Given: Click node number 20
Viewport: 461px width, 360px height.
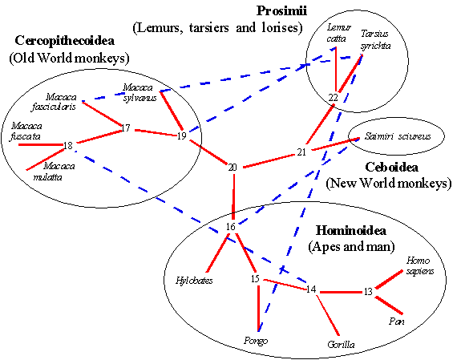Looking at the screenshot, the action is click(x=233, y=168).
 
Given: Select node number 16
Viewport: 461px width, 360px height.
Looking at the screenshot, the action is click(x=231, y=227).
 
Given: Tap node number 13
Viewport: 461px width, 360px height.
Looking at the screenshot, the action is click(x=368, y=292).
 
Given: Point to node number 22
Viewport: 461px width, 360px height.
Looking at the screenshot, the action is click(x=333, y=98).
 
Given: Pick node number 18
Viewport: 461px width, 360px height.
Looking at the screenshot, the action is click(x=68, y=146).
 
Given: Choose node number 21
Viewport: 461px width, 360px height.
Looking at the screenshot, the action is click(x=301, y=152).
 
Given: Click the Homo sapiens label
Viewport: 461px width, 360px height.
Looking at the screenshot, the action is click(x=420, y=265).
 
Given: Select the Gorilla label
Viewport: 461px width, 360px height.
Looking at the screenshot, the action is click(x=341, y=345).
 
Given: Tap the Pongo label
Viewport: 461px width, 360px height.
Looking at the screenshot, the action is click(x=256, y=341).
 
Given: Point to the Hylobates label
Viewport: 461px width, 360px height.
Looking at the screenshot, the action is click(x=194, y=281).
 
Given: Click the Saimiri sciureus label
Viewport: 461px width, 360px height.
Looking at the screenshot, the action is click(x=398, y=136).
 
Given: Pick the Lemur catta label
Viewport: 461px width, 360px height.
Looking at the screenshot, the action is click(x=338, y=33).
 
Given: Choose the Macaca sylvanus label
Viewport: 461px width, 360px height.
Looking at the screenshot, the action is click(x=140, y=93).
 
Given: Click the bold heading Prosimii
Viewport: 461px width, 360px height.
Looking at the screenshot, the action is click(x=281, y=11).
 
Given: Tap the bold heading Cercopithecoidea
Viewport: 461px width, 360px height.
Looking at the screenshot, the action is click(x=65, y=41).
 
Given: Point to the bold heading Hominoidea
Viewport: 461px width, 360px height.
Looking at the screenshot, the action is click(x=351, y=230).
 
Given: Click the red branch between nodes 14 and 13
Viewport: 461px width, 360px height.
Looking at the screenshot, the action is click(x=341, y=292).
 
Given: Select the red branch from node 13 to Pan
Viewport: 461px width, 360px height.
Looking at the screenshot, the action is click(x=389, y=305).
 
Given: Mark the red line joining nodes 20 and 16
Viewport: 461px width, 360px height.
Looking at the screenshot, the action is click(x=234, y=197).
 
